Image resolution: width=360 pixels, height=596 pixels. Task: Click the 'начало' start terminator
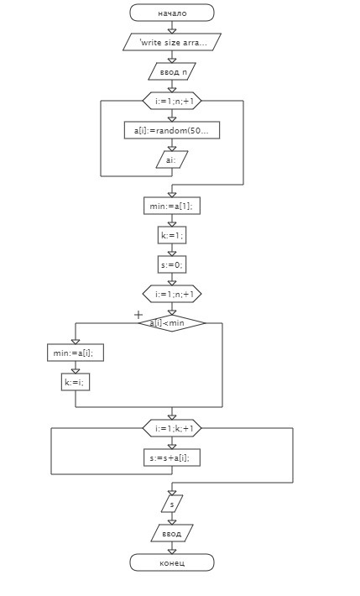[x=172, y=13]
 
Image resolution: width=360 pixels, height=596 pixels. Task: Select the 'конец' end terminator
[x=172, y=562]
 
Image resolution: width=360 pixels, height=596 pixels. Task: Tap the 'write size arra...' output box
[x=172, y=42]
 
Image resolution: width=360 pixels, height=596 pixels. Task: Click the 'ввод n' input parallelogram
[x=172, y=71]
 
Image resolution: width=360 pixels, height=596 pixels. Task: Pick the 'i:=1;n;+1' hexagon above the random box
[x=172, y=101]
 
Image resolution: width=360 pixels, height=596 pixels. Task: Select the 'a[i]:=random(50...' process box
[x=172, y=130]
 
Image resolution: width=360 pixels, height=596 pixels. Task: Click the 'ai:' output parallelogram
[x=172, y=159]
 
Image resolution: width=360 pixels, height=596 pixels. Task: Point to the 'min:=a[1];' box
[x=172, y=206]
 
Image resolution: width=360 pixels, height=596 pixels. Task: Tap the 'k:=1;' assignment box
[x=172, y=235]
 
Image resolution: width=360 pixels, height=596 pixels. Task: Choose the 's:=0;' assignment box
[x=172, y=264]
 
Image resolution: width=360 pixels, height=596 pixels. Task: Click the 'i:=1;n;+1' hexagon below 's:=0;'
[x=172, y=294]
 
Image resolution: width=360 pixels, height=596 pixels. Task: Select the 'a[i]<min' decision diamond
[x=172, y=323]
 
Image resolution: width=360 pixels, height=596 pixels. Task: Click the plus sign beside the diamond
[x=138, y=314]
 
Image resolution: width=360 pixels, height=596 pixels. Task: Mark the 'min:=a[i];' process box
[x=76, y=353]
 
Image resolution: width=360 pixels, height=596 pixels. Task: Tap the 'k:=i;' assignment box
[x=76, y=382]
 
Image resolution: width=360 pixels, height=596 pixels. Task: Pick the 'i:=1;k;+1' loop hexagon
[x=172, y=428]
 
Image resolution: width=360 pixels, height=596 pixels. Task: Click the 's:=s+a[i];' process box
[x=172, y=457]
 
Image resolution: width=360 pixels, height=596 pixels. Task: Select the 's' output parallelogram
[x=172, y=504]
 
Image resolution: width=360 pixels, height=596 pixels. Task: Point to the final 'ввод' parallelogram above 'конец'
[x=172, y=533]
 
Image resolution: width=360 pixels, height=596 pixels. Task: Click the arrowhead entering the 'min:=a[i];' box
[x=76, y=342]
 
